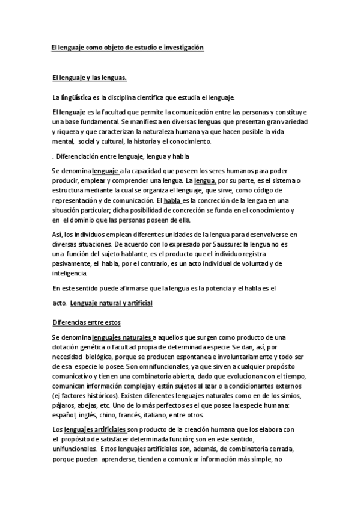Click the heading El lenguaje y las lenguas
click(88, 78)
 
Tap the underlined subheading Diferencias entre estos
click(87, 322)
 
